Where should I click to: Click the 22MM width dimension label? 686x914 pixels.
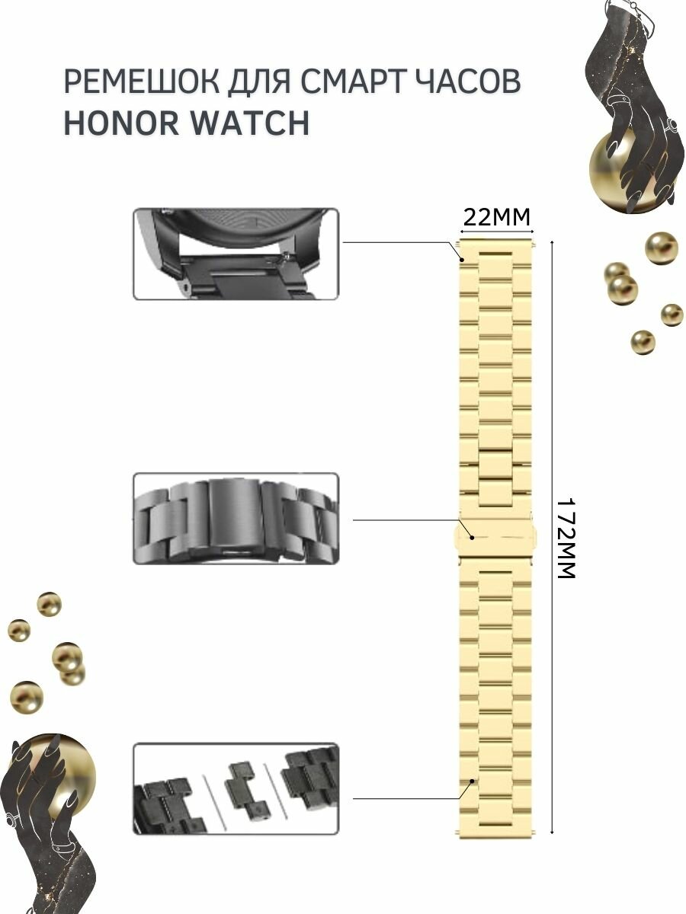[x=496, y=219]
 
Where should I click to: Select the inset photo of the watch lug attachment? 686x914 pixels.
[x=236, y=254]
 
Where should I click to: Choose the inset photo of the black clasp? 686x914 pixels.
[x=236, y=518]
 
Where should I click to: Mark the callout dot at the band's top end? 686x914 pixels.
[x=462, y=259]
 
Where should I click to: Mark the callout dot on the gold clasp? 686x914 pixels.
[x=472, y=538]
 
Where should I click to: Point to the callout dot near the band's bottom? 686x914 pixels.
[x=473, y=781]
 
